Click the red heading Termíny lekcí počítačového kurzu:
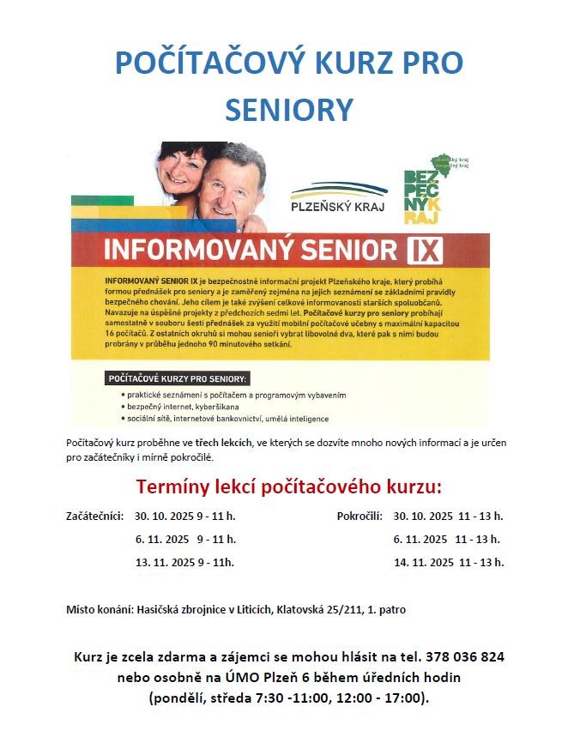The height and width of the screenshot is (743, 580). tap(289, 488)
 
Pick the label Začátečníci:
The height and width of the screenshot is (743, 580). tap(95, 516)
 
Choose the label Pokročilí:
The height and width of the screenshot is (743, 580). tap(359, 516)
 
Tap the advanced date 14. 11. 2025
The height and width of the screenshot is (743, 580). tap(423, 563)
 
